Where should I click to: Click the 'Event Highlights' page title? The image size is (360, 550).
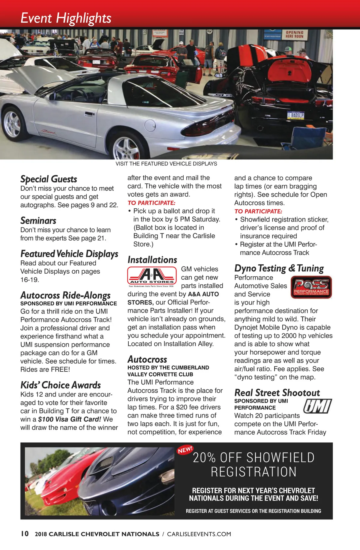coord(66,18)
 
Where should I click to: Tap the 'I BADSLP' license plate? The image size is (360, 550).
coord(296,115)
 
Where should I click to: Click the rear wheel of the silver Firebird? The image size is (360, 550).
coord(126,147)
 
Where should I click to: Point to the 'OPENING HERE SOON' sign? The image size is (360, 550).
coord(294,34)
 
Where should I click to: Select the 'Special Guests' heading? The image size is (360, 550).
coord(49,179)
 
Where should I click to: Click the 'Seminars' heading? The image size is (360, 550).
coord(38,221)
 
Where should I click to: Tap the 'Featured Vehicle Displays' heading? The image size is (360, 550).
coord(69,254)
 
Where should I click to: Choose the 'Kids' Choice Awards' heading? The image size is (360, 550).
coord(61,385)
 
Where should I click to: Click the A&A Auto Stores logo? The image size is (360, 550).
coord(152,276)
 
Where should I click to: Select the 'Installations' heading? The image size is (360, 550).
coord(152,260)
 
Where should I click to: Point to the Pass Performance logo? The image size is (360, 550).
coord(311,287)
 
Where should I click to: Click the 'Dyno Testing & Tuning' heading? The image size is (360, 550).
coord(279,268)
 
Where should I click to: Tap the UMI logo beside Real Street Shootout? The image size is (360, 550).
coord(317,406)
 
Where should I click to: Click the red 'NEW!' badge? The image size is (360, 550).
coord(185,450)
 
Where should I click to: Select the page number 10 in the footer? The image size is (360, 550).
coord(25,534)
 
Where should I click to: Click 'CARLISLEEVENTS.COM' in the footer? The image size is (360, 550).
coord(199,534)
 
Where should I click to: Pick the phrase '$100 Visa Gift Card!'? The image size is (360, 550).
coord(70,419)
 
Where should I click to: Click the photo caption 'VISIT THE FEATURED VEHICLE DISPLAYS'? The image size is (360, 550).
coord(166,164)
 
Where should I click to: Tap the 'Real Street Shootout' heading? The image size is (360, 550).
coord(277,393)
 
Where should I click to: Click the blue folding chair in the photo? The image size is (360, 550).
coord(306,138)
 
